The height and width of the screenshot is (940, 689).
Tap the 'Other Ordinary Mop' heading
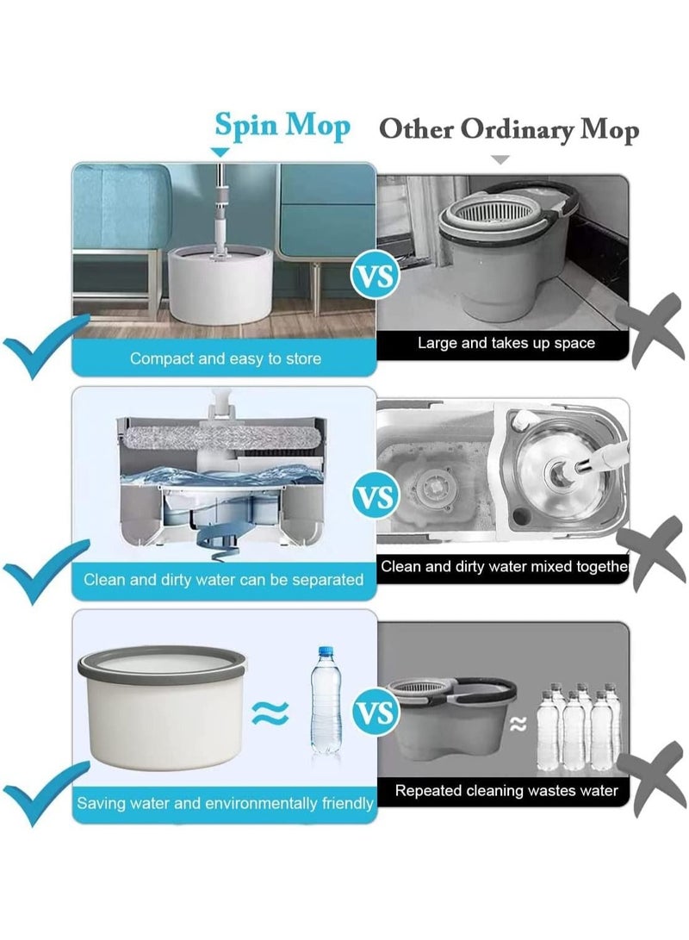(x=509, y=130)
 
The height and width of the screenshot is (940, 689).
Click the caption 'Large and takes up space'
(x=506, y=343)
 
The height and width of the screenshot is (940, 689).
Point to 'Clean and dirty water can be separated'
(x=224, y=580)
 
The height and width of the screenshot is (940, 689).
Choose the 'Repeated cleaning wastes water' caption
(x=506, y=789)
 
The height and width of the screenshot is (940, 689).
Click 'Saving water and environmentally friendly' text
(x=225, y=803)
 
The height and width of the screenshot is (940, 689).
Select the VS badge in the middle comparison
(x=376, y=498)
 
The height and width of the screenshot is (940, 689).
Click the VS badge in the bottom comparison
(x=376, y=713)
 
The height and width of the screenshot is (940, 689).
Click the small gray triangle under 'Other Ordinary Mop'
(x=500, y=160)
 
